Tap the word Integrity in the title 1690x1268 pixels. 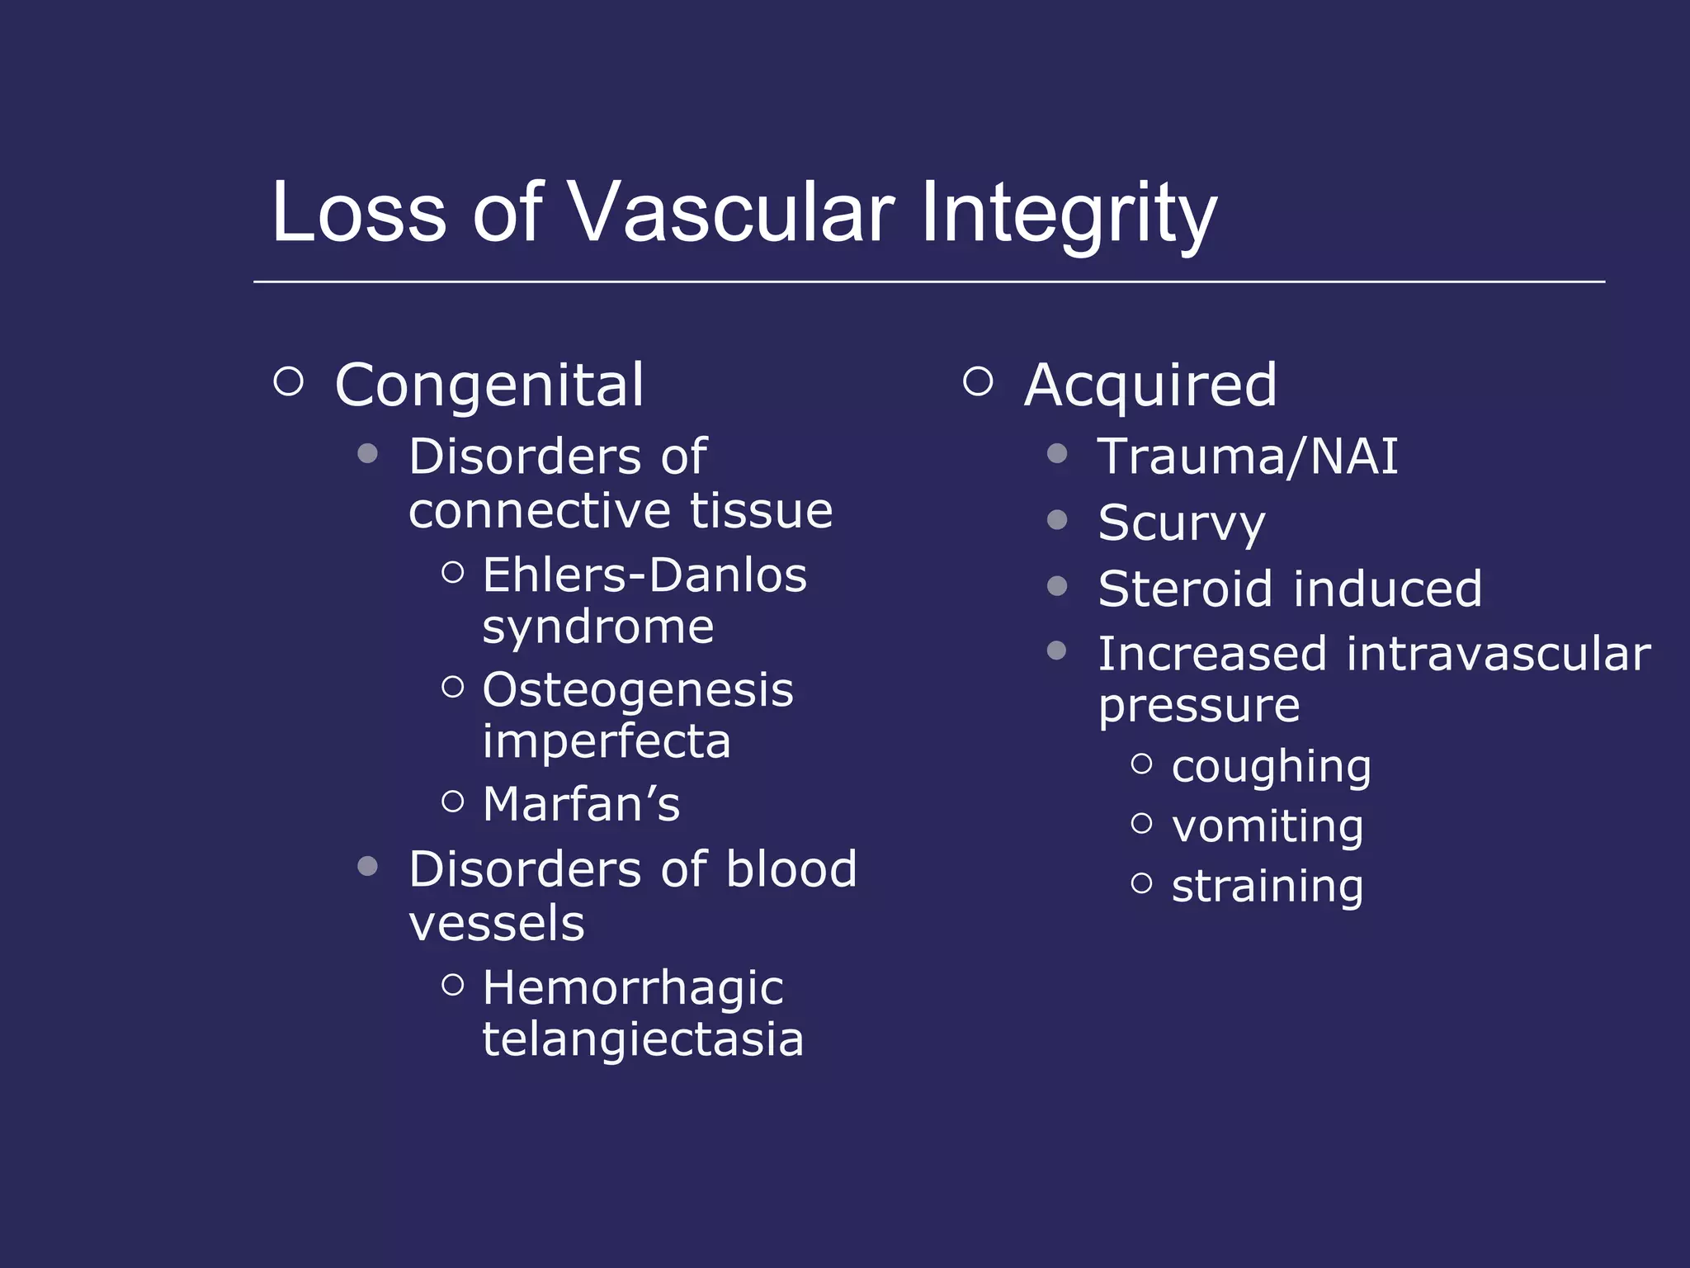1068,214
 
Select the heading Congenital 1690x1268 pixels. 489,385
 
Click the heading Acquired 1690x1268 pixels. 1150,385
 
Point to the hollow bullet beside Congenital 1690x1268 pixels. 289,381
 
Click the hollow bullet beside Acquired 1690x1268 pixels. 978,381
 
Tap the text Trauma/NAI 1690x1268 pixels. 1248,456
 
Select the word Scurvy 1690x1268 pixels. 1181,523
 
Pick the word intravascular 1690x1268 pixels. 1499,654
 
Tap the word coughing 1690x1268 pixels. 1271,767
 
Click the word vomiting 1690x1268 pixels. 1267,826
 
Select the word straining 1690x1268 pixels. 1267,886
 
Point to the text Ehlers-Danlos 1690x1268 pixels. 644,575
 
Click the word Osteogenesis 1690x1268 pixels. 638,689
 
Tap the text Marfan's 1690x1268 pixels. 581,804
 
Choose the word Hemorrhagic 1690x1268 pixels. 633,987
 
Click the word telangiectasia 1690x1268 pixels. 643,1039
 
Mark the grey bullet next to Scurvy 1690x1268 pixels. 1057,520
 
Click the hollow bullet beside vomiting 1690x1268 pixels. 1141,823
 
